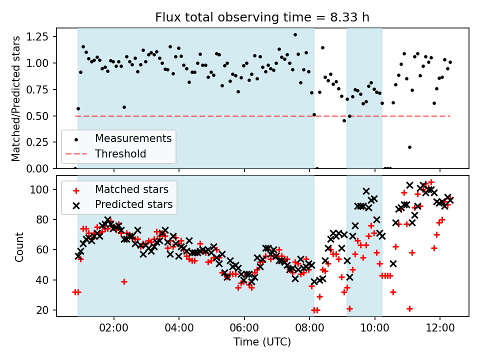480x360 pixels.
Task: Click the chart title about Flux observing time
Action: pyautogui.click(x=262, y=18)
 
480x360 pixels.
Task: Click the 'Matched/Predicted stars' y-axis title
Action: pyautogui.click(x=16, y=98)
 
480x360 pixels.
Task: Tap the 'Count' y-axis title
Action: pyautogui.click(x=19, y=246)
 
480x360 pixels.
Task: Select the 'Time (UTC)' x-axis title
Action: pyautogui.click(x=262, y=342)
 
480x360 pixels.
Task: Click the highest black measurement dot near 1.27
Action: pyautogui.click(x=295, y=35)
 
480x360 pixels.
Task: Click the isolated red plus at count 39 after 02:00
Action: pyautogui.click(x=124, y=281)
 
